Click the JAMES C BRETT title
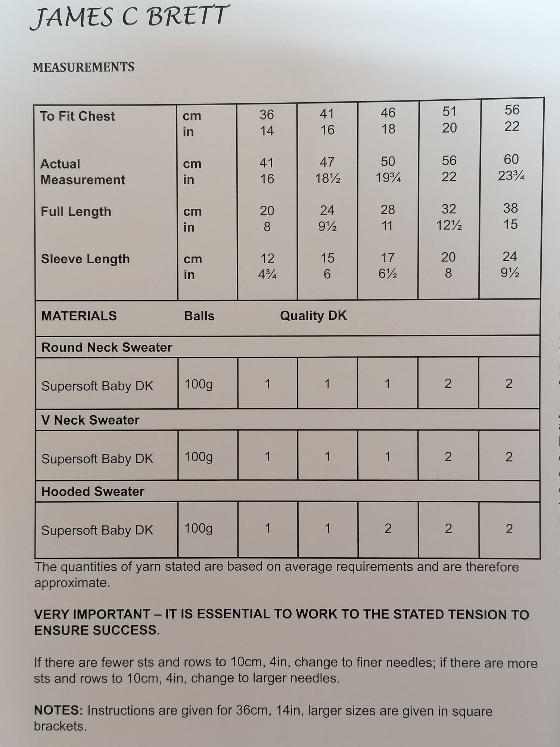pyautogui.click(x=129, y=18)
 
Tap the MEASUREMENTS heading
pyautogui.click(x=84, y=67)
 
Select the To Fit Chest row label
pyautogui.click(x=77, y=117)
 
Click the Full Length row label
pyautogui.click(x=76, y=212)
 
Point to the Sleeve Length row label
pyautogui.click(x=85, y=259)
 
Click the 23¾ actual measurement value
pyautogui.click(x=511, y=176)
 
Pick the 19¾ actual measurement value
pyautogui.click(x=388, y=178)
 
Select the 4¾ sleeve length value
pyautogui.click(x=267, y=275)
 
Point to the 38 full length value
pyautogui.click(x=510, y=208)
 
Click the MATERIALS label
pyautogui.click(x=79, y=316)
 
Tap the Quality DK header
pyautogui.click(x=313, y=316)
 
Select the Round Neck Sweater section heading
pyautogui.click(x=107, y=347)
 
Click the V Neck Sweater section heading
pyautogui.click(x=90, y=420)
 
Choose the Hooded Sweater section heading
pyautogui.click(x=93, y=492)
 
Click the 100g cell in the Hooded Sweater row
pyautogui.click(x=198, y=529)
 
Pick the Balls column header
pyautogui.click(x=199, y=316)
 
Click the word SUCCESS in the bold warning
pyautogui.click(x=126, y=630)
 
